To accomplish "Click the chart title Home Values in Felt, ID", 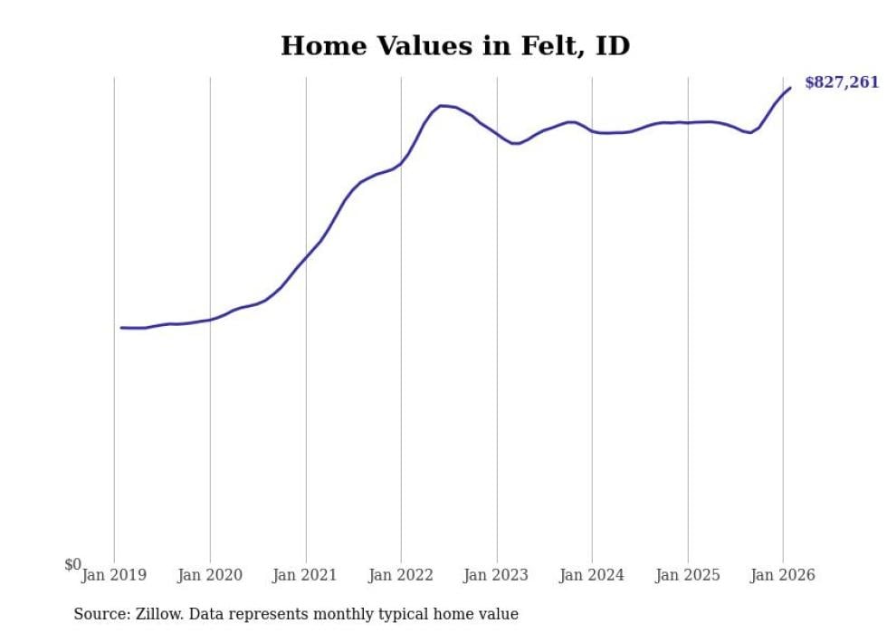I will pos(454,46).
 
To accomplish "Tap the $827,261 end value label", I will pos(842,82).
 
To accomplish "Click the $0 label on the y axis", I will pos(72,565).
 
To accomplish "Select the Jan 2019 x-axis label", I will pos(114,575).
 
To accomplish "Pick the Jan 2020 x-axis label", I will pos(210,575).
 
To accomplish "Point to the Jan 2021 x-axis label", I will pos(306,575).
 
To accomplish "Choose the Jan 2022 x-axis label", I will pos(401,575).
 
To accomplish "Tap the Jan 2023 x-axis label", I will pos(497,575).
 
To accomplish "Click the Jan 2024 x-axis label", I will pos(592,575).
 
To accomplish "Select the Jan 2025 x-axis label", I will pos(688,575).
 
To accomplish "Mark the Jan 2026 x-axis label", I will pos(783,575).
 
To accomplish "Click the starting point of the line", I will pos(121,328).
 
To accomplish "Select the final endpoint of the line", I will pos(790,88).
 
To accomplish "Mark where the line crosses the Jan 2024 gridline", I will pos(592,130).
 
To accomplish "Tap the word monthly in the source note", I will pos(348,615).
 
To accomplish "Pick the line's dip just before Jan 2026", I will pos(750,133).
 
